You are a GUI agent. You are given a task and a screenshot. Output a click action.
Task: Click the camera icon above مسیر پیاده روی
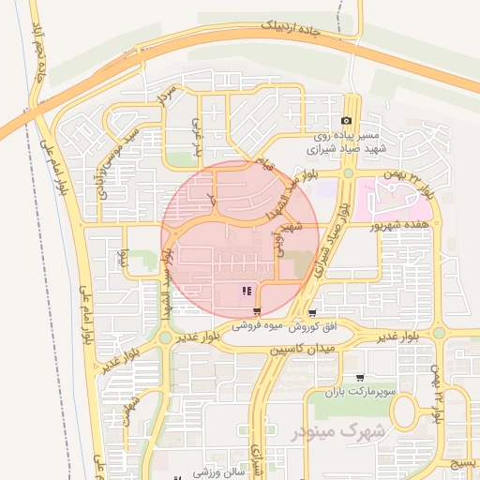347,121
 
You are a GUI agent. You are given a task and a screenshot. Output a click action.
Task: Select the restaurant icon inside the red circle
246,292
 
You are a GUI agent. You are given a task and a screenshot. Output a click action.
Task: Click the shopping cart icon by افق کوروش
312,313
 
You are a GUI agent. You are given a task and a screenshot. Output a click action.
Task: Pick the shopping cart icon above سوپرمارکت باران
359,378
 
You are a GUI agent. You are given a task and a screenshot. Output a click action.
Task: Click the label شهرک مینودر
326,432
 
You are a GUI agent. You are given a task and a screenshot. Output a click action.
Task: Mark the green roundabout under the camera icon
348,173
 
